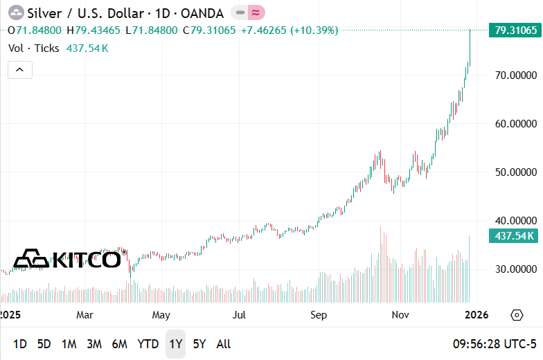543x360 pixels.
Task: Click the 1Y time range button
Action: point(175,344)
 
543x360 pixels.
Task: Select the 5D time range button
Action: point(44,344)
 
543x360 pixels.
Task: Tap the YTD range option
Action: point(148,344)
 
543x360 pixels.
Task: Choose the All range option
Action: point(224,344)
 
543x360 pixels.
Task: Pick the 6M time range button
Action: point(119,344)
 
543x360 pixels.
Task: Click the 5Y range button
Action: point(199,344)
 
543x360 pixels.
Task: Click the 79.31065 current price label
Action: point(515,30)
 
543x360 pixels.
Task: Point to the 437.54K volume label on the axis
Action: point(515,236)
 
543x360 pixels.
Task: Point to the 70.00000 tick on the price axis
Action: point(515,75)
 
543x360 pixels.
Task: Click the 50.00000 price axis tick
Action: point(515,172)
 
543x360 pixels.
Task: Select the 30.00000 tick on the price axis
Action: point(515,269)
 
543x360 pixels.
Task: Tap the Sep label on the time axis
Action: point(319,315)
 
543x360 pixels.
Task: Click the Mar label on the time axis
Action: point(85,315)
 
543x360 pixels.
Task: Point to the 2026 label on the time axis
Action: point(477,315)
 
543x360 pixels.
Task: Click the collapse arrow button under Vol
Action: point(19,69)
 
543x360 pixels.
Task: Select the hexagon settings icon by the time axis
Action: point(517,315)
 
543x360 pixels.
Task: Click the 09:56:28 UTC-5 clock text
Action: point(495,344)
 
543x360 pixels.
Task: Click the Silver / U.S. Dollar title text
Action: point(85,12)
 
